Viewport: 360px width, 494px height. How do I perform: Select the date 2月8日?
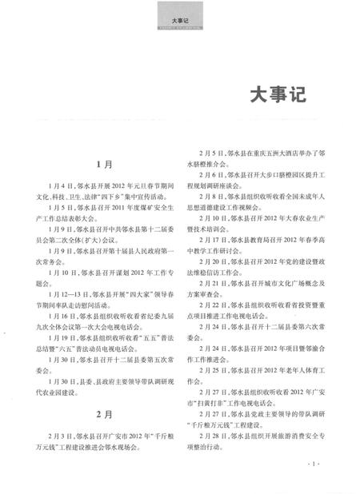pos(210,196)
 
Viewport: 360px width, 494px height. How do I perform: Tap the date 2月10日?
pos(212,217)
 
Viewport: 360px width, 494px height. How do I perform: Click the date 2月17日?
pos(212,239)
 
